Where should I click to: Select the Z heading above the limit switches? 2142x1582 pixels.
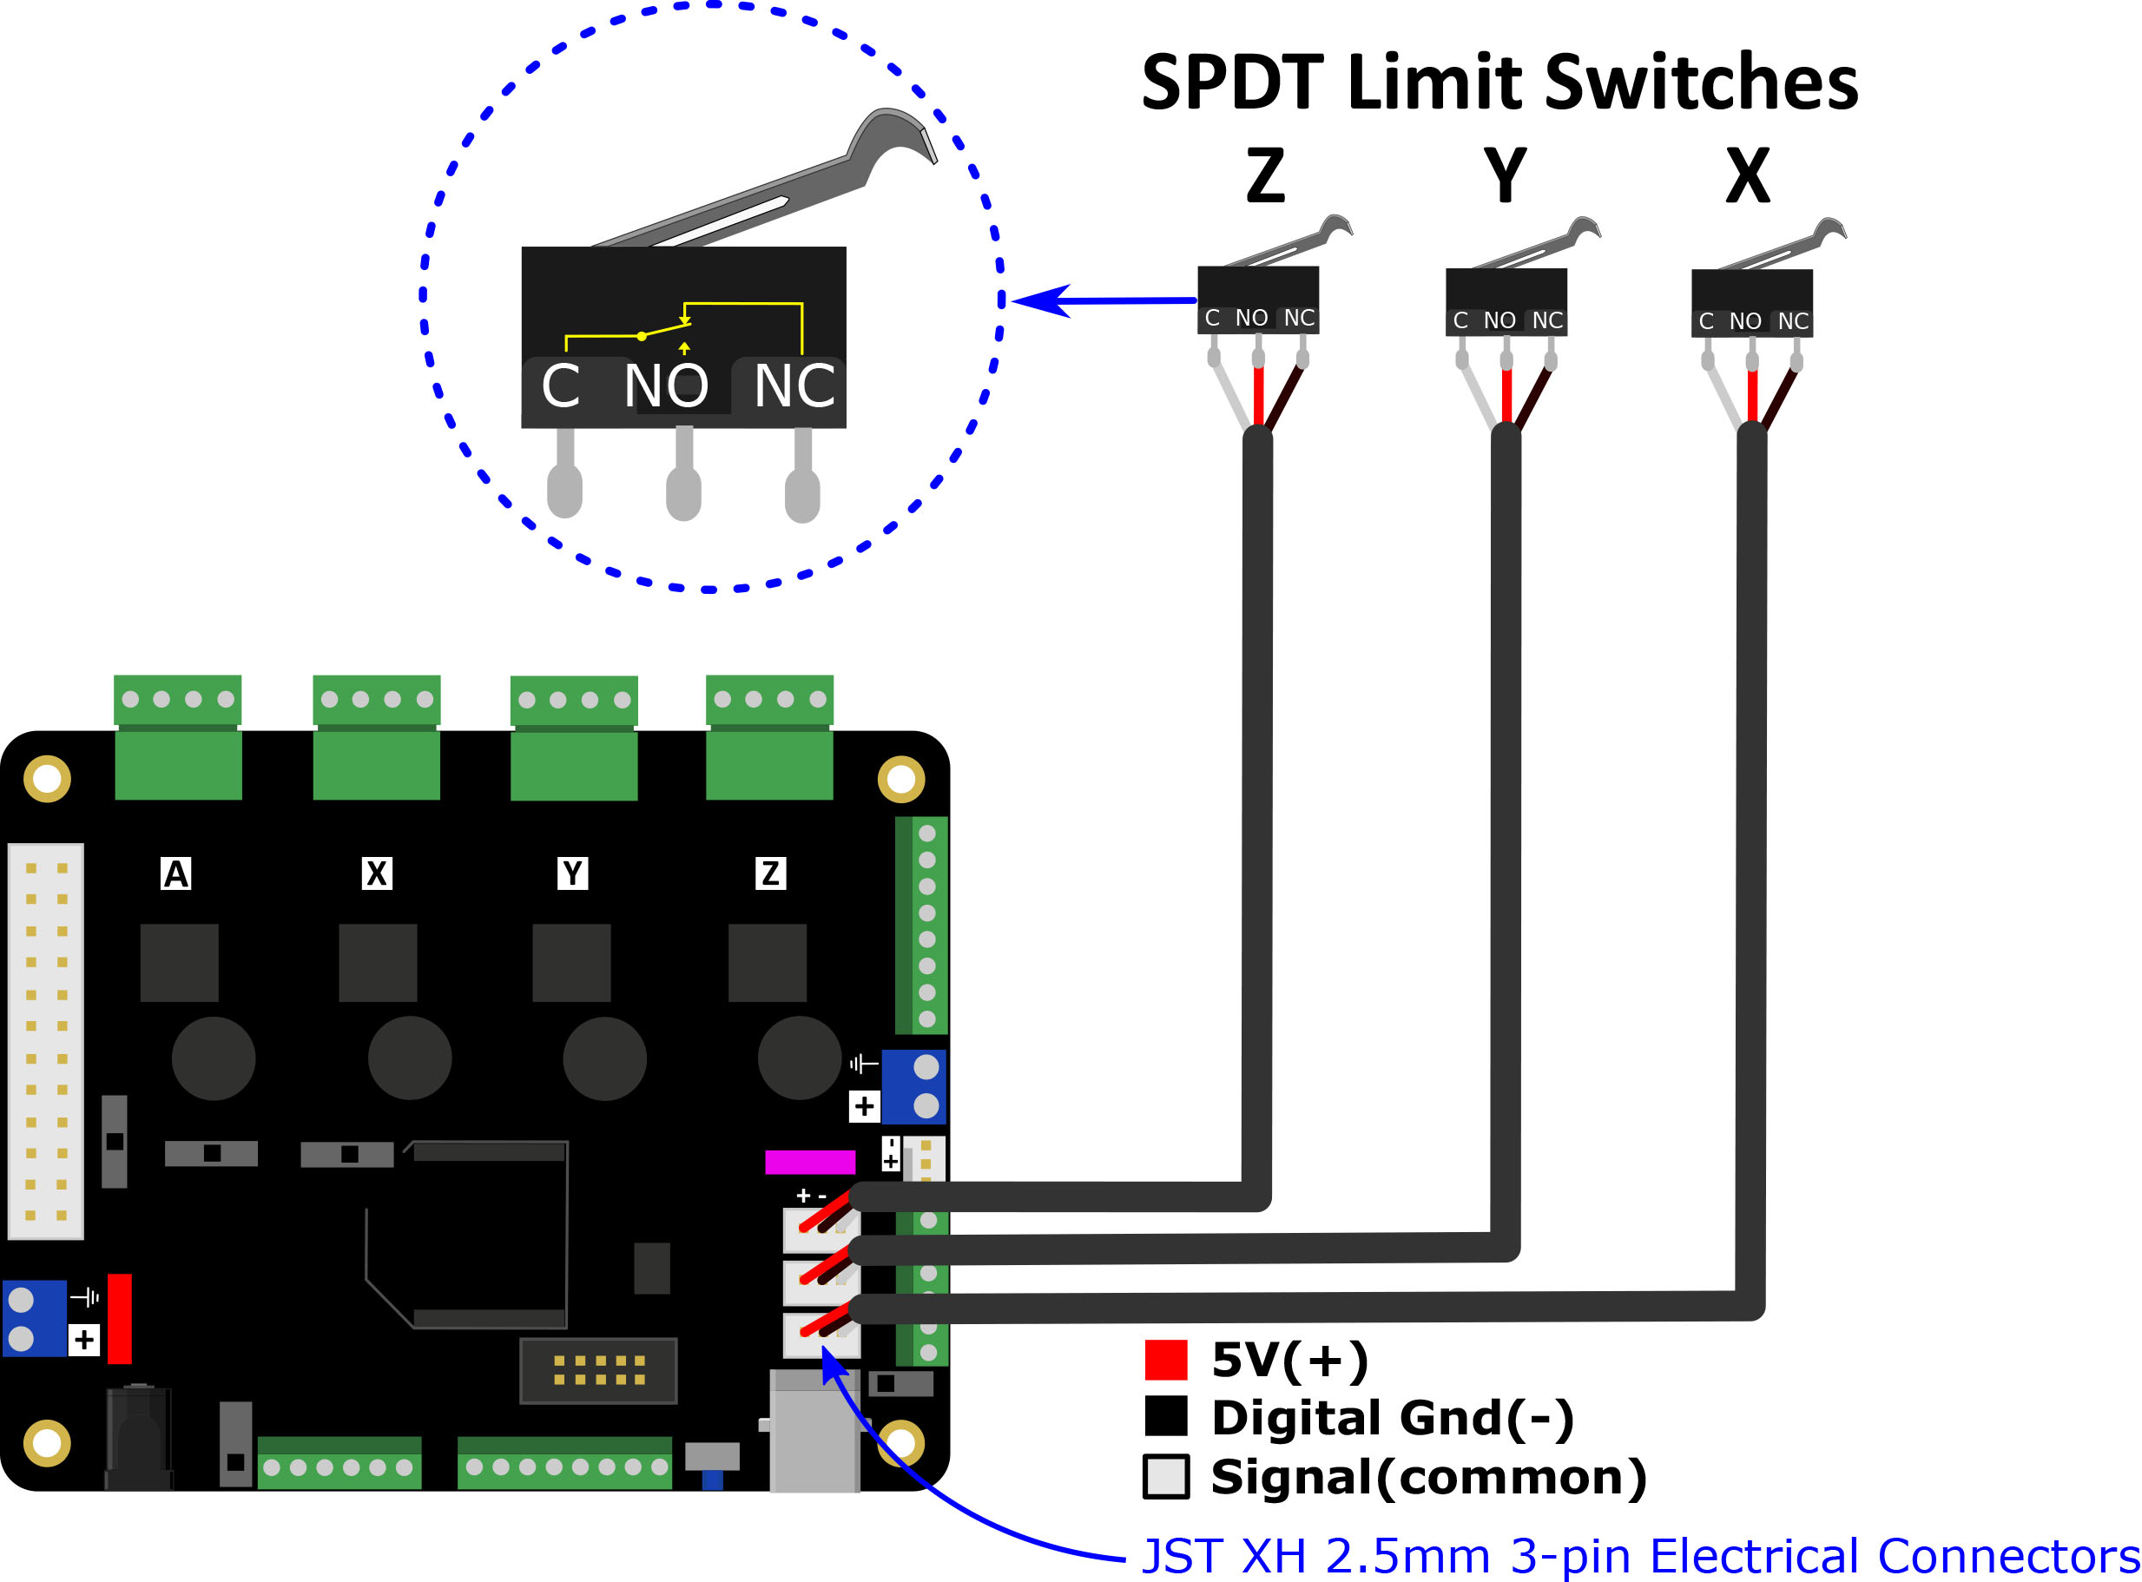[1265, 176]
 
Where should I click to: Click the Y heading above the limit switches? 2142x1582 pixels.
[1505, 176]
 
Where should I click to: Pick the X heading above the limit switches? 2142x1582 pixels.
[1748, 176]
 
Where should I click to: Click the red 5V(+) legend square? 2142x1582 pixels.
[1165, 1360]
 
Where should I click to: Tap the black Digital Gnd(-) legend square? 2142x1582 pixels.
[1165, 1416]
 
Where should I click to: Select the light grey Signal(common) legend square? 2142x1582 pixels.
[1165, 1476]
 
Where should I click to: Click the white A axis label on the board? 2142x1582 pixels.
[176, 873]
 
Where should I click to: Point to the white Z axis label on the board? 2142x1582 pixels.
[770, 873]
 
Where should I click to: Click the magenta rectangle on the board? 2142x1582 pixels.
[809, 1162]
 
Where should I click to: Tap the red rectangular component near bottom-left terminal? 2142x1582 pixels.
[120, 1318]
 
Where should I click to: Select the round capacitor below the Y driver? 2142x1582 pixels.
[604, 1058]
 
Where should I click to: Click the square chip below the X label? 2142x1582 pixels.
[378, 962]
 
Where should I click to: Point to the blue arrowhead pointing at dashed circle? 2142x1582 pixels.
[1039, 300]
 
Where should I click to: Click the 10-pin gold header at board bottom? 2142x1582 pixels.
[598, 1370]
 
